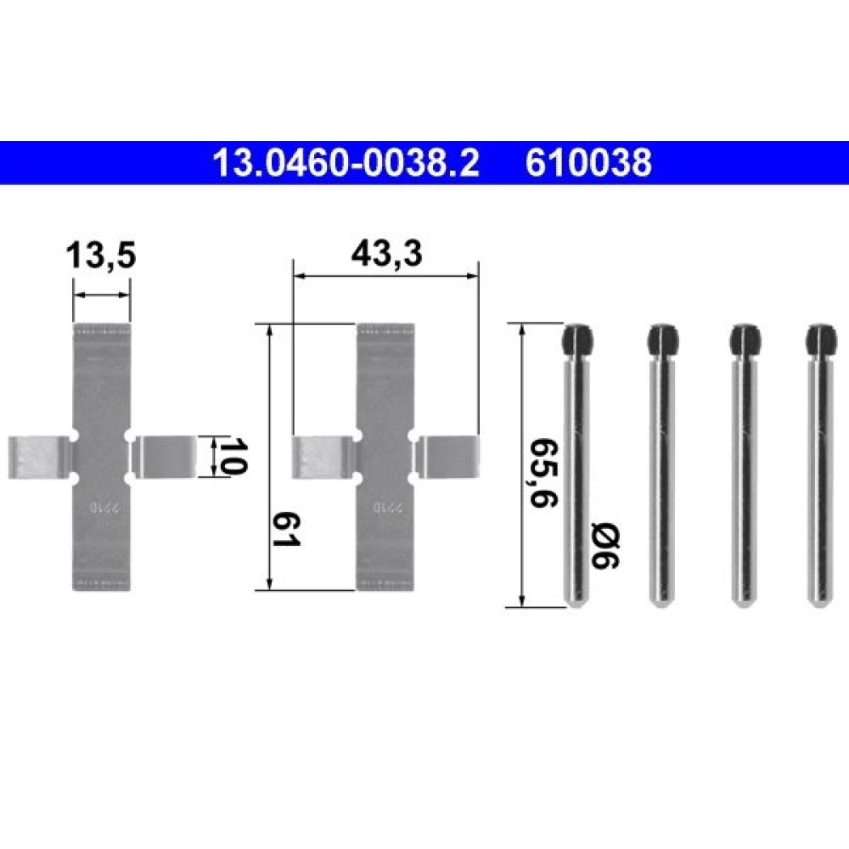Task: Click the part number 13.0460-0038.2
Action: [346, 162]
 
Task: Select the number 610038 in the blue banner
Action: [588, 162]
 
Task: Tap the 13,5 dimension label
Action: [101, 256]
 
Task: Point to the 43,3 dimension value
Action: [386, 253]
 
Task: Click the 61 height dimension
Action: [286, 530]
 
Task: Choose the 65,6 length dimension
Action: [543, 472]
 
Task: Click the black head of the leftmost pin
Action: [578, 341]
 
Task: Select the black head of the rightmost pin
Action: [821, 341]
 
